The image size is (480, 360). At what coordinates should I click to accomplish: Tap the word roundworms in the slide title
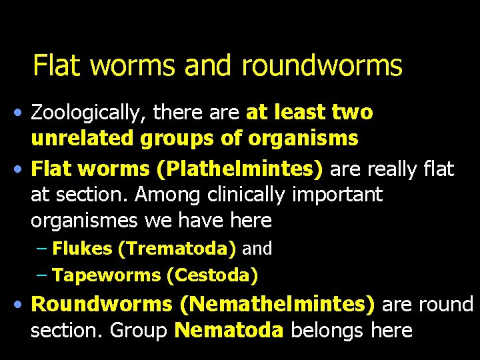pyautogui.click(x=322, y=65)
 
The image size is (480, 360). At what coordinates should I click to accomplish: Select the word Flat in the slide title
pyautogui.click(x=59, y=65)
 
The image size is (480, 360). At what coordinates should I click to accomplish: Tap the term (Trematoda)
pyautogui.click(x=176, y=249)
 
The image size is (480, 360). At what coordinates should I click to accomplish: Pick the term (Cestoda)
pyautogui.click(x=213, y=275)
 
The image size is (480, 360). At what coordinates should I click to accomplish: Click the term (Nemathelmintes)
pyautogui.click(x=277, y=305)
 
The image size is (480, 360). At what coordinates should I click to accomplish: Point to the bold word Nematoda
pyautogui.click(x=229, y=330)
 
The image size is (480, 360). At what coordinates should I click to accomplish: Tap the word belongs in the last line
pyautogui.click(x=321, y=330)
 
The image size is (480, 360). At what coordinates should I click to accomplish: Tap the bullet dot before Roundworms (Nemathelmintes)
pyautogui.click(x=21, y=305)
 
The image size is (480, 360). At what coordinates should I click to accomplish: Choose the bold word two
pyautogui.click(x=353, y=113)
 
